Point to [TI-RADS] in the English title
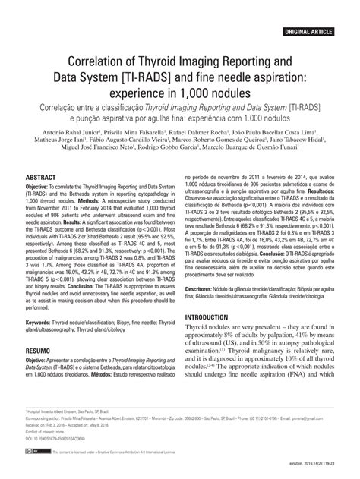[x=164, y=77]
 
